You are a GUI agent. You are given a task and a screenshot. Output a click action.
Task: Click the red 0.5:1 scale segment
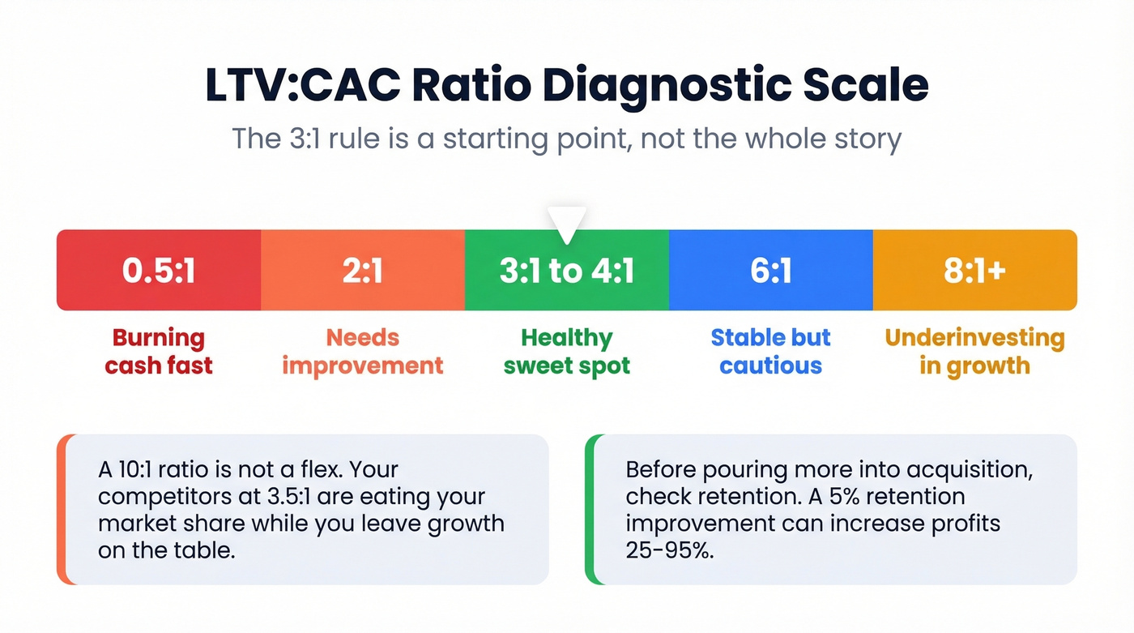pyautogui.click(x=159, y=271)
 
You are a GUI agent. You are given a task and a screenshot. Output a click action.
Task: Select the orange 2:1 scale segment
pyautogui.click(x=362, y=271)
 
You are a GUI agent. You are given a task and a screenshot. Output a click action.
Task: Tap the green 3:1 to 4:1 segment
pyautogui.click(x=566, y=271)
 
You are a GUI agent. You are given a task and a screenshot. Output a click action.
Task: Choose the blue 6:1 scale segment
pyautogui.click(x=770, y=271)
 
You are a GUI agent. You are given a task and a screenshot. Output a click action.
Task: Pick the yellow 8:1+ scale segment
pyautogui.click(x=974, y=271)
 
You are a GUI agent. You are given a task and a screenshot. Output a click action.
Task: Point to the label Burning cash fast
pyautogui.click(x=159, y=351)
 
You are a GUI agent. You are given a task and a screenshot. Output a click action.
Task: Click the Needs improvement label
pyautogui.click(x=362, y=351)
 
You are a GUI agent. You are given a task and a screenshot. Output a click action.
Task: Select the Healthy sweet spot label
pyautogui.click(x=566, y=351)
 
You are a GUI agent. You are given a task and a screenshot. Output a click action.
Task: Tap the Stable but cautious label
pyautogui.click(x=770, y=351)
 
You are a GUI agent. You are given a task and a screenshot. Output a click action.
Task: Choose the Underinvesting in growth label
pyautogui.click(x=974, y=351)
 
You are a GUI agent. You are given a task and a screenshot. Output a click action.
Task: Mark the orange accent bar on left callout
pyautogui.click(x=61, y=509)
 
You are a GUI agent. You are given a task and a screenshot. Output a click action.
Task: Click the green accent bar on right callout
pyautogui.click(x=589, y=509)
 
